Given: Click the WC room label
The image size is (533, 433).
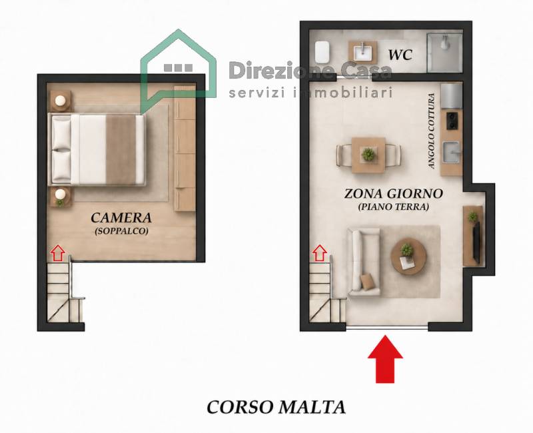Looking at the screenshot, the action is (x=400, y=55).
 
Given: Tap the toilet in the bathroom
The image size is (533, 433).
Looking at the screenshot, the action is (x=322, y=53).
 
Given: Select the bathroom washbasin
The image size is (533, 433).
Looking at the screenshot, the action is (x=363, y=53).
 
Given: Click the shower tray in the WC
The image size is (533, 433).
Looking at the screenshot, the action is (x=444, y=53).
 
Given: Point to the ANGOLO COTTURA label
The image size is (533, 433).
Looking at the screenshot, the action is (x=432, y=131).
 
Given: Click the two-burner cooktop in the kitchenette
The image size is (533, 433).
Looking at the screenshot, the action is (x=452, y=121).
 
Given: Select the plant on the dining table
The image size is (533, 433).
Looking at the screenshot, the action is (x=368, y=155).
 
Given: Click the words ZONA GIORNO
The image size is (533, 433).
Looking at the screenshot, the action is (x=394, y=194).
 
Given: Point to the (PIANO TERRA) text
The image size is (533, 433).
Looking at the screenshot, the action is (x=393, y=207).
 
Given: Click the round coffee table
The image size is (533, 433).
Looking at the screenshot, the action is (x=408, y=256).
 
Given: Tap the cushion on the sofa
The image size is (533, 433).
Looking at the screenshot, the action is (x=367, y=282).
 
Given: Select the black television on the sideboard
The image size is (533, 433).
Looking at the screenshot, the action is (x=476, y=242).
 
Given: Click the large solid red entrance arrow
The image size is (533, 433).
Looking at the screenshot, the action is (x=385, y=359).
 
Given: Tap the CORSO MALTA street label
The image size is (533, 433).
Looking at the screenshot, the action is (x=276, y=407).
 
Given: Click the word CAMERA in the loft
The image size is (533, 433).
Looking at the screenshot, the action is (x=121, y=218).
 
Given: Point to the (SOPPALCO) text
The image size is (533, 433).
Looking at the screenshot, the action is (x=121, y=231).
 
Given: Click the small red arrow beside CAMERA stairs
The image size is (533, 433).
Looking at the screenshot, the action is (x=58, y=253).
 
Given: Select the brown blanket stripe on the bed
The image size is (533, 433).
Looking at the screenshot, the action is (x=121, y=149).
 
